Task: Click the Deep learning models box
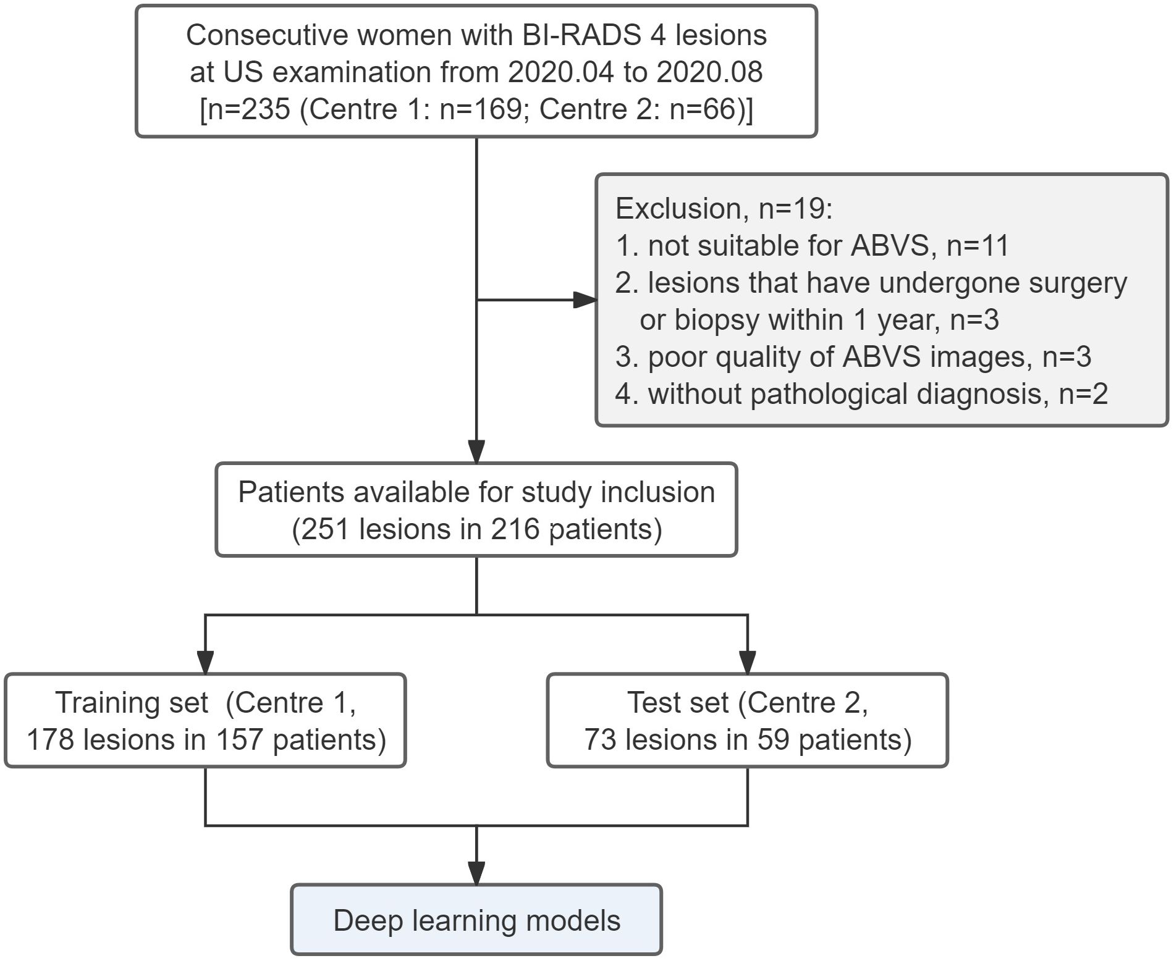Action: click(x=476, y=920)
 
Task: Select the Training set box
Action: click(x=205, y=720)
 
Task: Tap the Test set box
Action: click(x=748, y=720)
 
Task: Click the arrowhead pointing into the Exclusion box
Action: click(x=585, y=300)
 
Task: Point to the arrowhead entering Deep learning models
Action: click(x=476, y=873)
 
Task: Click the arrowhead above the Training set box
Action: click(x=205, y=662)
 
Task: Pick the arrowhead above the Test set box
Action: click(x=748, y=662)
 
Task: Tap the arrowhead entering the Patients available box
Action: click(x=476, y=451)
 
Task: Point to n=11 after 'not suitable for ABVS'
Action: click(x=978, y=246)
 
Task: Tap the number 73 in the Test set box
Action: click(x=600, y=739)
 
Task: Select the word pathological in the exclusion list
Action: click(x=829, y=394)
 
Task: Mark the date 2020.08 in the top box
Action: click(x=709, y=72)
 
